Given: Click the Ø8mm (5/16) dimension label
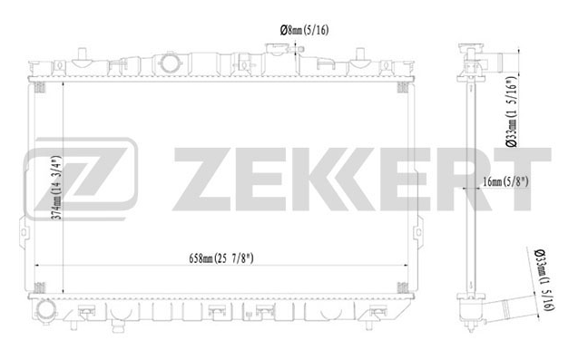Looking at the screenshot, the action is (304, 30).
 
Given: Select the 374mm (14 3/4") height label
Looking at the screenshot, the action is (56, 189).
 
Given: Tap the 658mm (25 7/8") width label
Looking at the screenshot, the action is (221, 258).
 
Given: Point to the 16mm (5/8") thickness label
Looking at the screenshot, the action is (505, 181).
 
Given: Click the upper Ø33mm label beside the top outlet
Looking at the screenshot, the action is (513, 112).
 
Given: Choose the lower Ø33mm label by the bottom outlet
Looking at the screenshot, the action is (545, 280).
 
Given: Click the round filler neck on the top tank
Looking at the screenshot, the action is (170, 63).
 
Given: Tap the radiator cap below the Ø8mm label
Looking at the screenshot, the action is (278, 49).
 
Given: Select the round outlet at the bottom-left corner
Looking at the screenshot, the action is (45, 310).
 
